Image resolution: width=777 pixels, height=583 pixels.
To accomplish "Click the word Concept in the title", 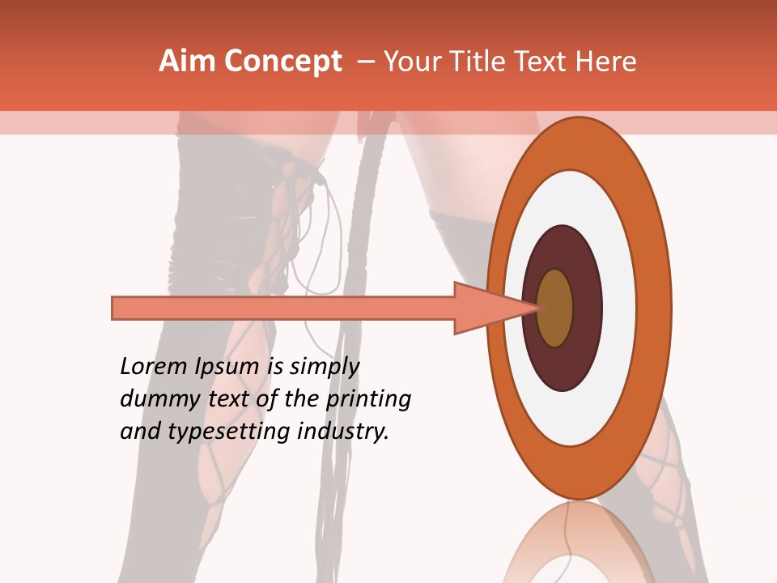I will [284, 62].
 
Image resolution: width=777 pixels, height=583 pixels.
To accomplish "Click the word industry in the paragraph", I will [343, 432].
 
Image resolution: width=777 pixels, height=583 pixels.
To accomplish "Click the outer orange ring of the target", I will [657, 308].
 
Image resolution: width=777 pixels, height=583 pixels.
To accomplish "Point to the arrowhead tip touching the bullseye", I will [538, 308].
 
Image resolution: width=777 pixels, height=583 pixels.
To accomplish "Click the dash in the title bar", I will [365, 62].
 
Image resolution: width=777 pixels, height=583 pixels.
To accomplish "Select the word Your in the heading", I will [410, 62].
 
